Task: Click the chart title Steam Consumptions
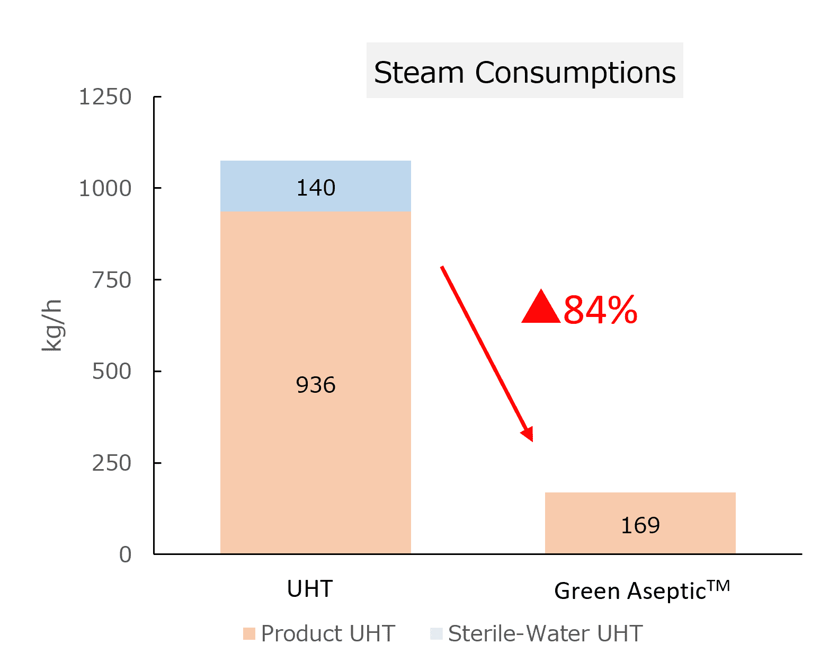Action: [x=524, y=72]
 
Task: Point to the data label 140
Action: [x=316, y=188]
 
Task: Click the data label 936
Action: [x=316, y=385]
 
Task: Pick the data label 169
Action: [x=640, y=525]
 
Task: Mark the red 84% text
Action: [x=600, y=310]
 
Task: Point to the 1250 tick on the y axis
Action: [x=105, y=97]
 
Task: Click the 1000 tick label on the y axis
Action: [x=105, y=188]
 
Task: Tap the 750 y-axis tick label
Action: [x=111, y=280]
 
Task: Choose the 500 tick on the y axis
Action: [x=111, y=372]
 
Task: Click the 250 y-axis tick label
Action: [x=111, y=463]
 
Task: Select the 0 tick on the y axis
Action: [x=125, y=554]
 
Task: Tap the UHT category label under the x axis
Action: [x=309, y=589]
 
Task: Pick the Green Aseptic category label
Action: [x=641, y=590]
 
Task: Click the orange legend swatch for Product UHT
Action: [x=249, y=634]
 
